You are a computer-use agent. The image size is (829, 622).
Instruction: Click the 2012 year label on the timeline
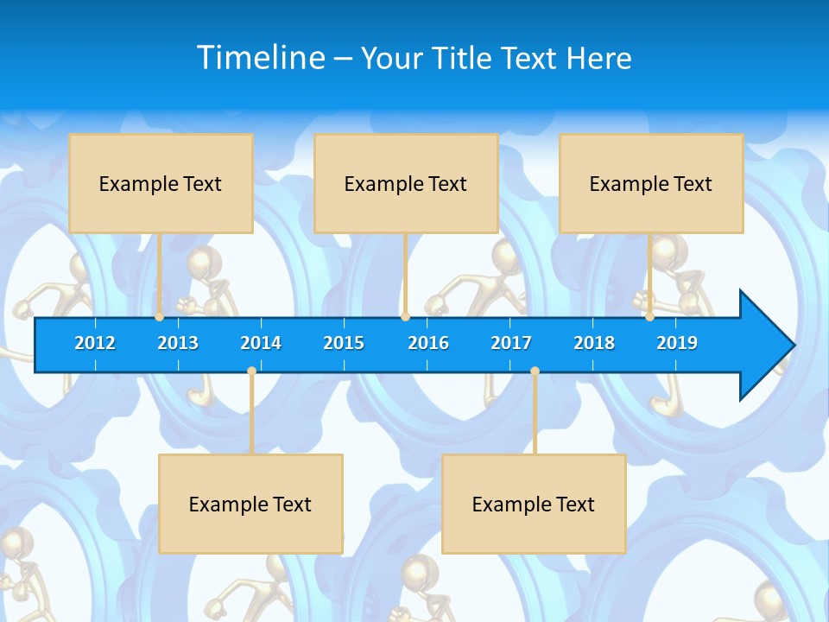click(95, 343)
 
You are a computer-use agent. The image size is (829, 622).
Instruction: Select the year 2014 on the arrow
click(261, 343)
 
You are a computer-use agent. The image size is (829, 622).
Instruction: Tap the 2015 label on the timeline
click(344, 343)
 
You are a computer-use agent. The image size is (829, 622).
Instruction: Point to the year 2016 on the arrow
click(428, 343)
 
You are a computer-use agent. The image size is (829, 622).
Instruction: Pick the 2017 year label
click(511, 343)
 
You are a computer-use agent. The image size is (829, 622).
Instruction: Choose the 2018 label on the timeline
click(594, 343)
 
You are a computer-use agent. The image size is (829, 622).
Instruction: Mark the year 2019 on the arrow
click(677, 343)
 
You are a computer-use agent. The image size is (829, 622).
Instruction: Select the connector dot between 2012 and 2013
click(159, 317)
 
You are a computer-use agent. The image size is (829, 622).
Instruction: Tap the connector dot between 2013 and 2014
click(251, 371)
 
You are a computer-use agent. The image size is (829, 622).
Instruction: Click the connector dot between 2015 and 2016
click(405, 317)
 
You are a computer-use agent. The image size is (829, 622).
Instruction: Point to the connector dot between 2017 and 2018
click(535, 371)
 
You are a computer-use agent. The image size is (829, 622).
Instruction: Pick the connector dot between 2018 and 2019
click(649, 317)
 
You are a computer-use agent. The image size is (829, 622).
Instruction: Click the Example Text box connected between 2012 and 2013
click(161, 183)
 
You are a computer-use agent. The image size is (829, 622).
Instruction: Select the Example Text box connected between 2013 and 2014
click(250, 504)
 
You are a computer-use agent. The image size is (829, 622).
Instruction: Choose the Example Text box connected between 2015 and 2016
click(406, 183)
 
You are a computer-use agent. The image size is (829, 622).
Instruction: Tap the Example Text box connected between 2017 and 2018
click(534, 504)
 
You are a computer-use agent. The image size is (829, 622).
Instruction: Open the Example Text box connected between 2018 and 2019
click(651, 183)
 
